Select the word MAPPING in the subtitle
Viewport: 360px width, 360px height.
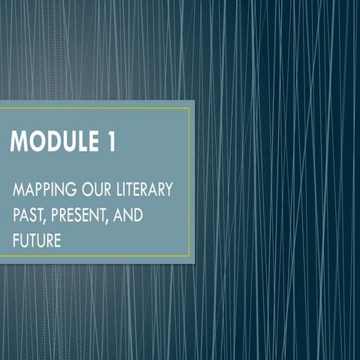(x=40, y=189)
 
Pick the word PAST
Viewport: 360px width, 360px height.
(x=28, y=216)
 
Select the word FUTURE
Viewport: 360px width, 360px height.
(x=37, y=242)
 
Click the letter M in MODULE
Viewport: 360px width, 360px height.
(x=18, y=142)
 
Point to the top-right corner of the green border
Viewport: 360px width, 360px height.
(x=189, y=108)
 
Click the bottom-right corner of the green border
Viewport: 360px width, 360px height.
(x=189, y=256)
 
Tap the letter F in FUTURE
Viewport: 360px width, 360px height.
(x=16, y=242)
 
